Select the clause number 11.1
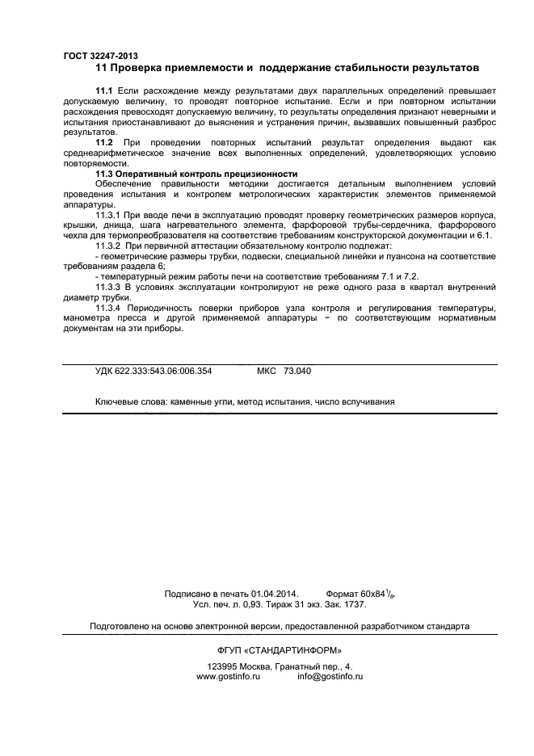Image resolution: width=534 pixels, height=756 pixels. (x=104, y=91)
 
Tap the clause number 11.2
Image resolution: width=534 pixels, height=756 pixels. (x=104, y=142)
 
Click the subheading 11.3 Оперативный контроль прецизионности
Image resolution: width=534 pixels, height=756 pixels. (x=196, y=174)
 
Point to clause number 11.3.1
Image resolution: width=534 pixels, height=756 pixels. (x=109, y=215)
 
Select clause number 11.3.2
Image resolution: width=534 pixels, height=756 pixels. (x=109, y=245)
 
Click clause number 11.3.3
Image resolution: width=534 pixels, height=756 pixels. (x=109, y=286)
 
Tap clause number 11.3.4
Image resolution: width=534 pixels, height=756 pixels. (x=109, y=308)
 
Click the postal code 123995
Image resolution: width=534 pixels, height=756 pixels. (x=223, y=666)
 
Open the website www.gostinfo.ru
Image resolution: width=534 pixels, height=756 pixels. (x=227, y=677)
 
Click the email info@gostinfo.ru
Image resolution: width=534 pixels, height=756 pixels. (x=330, y=677)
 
